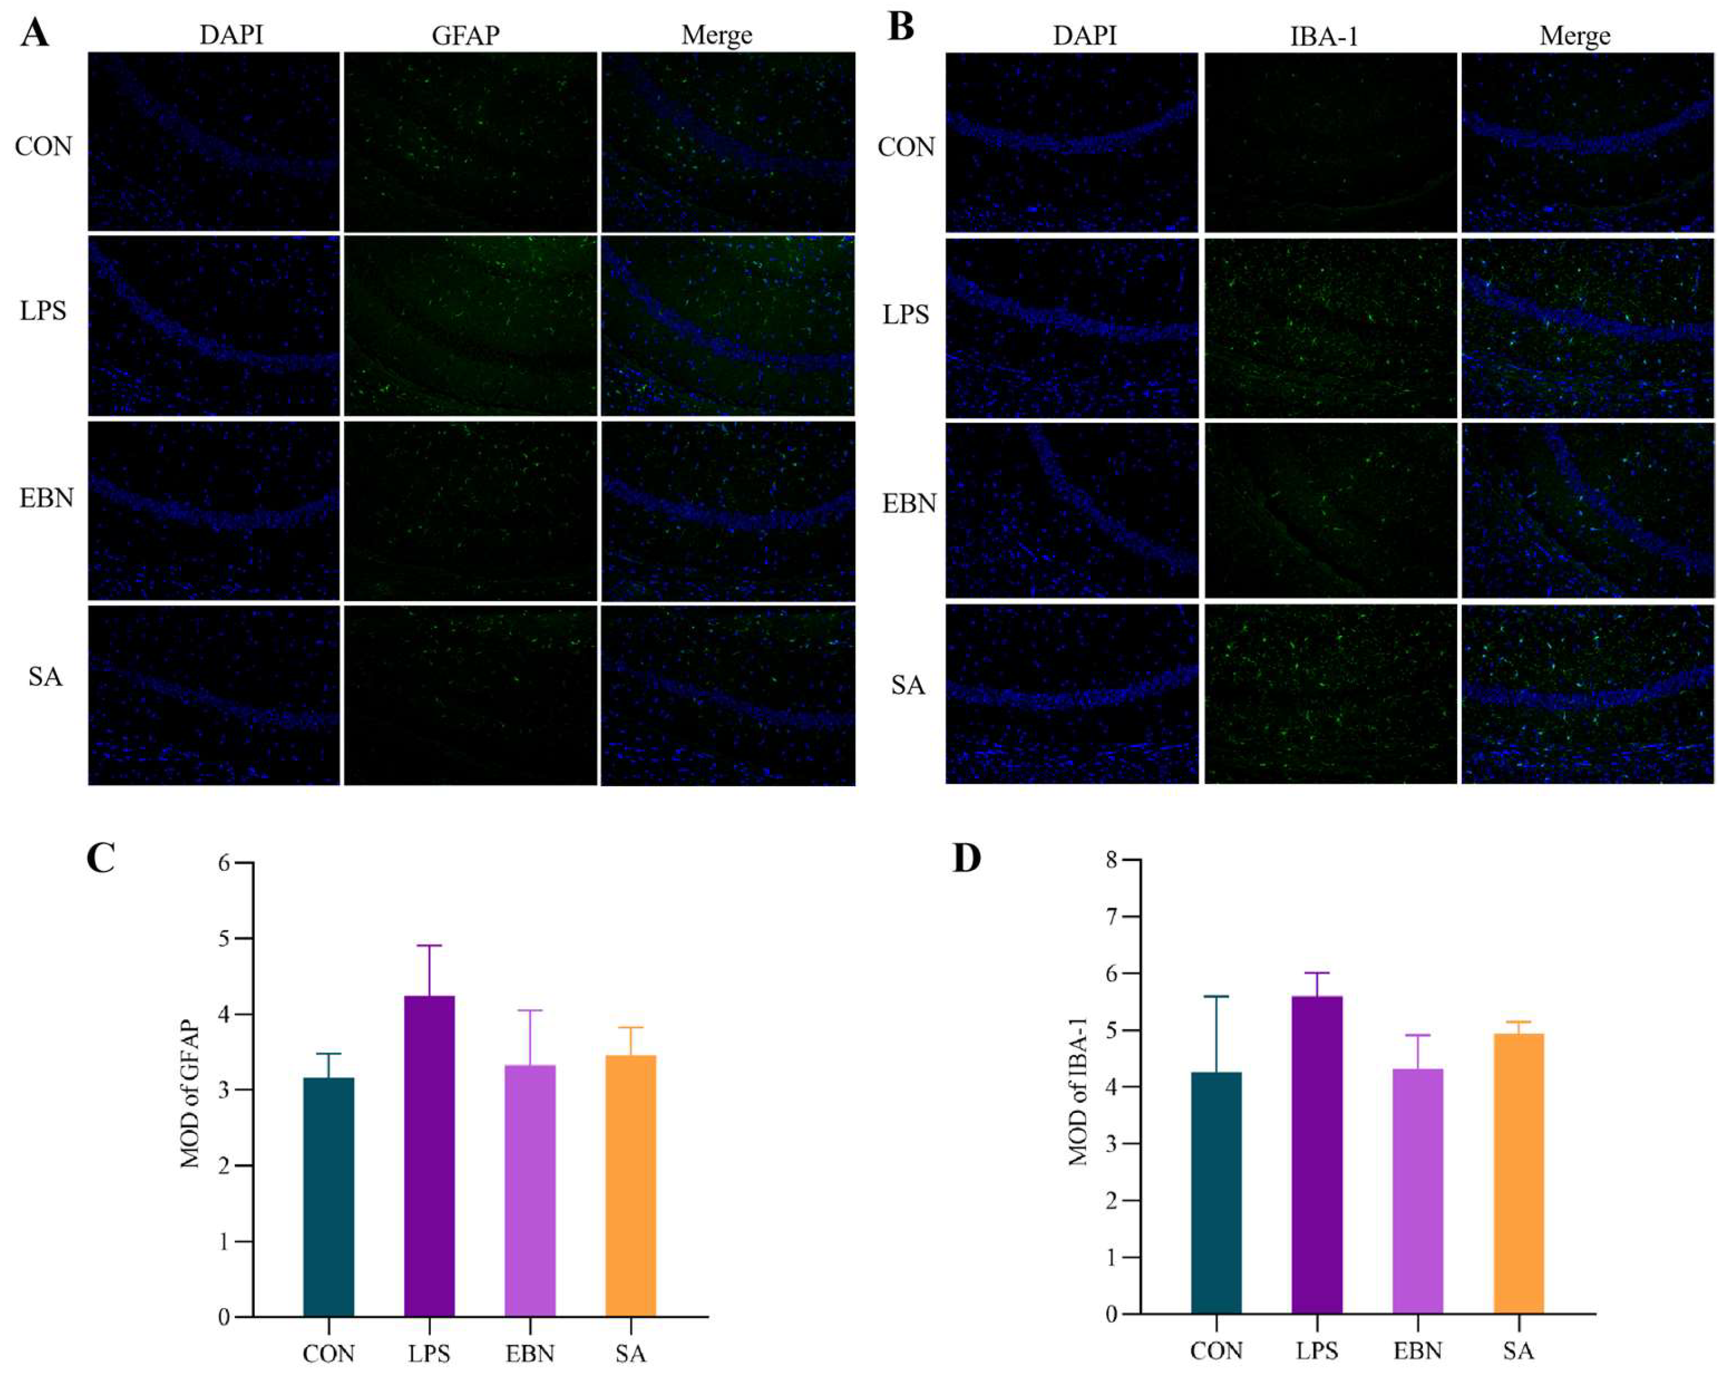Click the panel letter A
click(34, 34)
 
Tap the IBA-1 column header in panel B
click(1324, 37)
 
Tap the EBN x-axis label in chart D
click(1417, 1350)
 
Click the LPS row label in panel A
click(43, 311)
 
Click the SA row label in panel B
click(908, 685)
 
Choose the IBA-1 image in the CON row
click(1330, 143)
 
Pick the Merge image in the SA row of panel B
click(1588, 694)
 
